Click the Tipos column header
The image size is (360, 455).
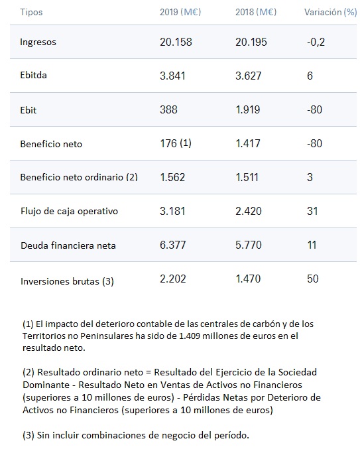pos(31,12)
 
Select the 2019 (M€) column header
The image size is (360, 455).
pos(180,12)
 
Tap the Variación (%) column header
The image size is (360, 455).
pos(330,12)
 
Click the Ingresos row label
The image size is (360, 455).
pos(38,42)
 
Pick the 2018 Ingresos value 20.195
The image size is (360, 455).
pos(251,42)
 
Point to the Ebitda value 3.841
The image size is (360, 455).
pos(172,76)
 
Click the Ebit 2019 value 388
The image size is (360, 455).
pos(168,109)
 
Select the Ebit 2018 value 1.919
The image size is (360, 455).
pos(248,109)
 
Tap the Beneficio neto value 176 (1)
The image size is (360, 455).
pos(176,143)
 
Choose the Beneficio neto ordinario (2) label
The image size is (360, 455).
pos(79,177)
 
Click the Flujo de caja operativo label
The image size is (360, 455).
pos(69,211)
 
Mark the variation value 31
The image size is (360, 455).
pos(312,211)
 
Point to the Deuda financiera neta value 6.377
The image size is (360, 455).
pos(172,245)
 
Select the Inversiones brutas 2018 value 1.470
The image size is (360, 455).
pos(248,279)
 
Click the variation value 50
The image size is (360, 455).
pos(313,279)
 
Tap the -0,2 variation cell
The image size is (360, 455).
pos(316,42)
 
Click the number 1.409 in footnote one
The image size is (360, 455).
pos(190,336)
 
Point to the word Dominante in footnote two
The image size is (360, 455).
pos(46,385)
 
